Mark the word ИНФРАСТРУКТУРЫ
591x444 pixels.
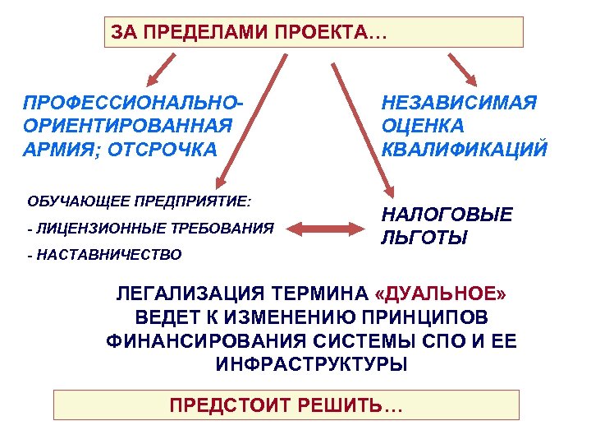coord(311,364)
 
